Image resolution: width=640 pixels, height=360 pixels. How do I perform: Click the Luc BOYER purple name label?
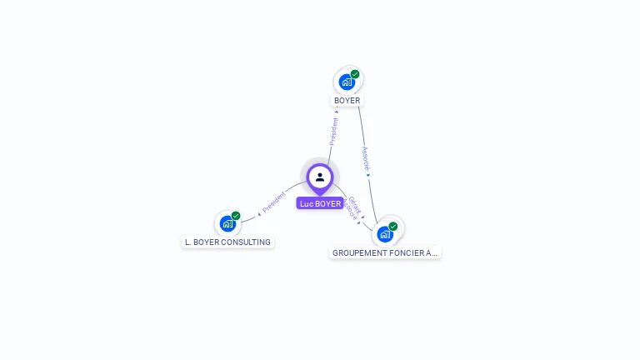(x=320, y=203)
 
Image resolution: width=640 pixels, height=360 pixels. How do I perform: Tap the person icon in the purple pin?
(x=320, y=177)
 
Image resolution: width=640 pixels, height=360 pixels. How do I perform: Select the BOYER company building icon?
(x=347, y=82)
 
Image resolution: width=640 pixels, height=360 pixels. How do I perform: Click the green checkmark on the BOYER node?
(x=355, y=74)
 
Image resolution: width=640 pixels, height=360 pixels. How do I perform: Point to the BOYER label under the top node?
(x=347, y=101)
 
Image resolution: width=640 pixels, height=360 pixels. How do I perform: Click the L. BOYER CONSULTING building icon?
(x=227, y=223)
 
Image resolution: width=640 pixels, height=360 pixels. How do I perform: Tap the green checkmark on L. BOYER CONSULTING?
(x=236, y=216)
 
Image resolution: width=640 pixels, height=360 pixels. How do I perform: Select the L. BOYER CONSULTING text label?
(x=227, y=242)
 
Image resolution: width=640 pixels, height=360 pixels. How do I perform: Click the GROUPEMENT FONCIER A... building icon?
(x=384, y=234)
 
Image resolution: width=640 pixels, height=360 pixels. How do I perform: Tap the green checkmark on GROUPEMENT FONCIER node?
(x=393, y=226)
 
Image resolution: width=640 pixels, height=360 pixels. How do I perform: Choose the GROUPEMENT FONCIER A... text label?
(x=385, y=252)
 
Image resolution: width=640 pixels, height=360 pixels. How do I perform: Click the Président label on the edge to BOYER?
(x=333, y=131)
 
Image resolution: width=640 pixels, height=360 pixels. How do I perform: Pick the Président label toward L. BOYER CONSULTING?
(x=274, y=202)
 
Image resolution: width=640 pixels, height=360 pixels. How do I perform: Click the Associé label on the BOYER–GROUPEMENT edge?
(x=365, y=157)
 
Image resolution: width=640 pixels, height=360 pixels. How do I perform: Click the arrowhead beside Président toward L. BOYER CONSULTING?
(x=259, y=214)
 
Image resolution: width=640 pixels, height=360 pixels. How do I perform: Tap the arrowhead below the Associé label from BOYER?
(x=368, y=175)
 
